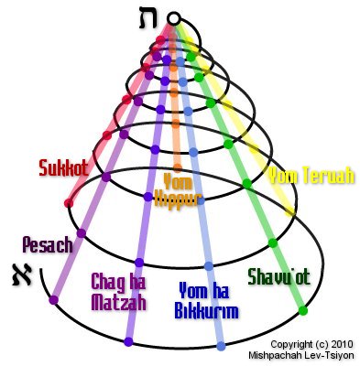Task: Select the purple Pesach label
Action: (46, 244)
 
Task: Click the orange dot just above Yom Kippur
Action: (173, 165)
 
